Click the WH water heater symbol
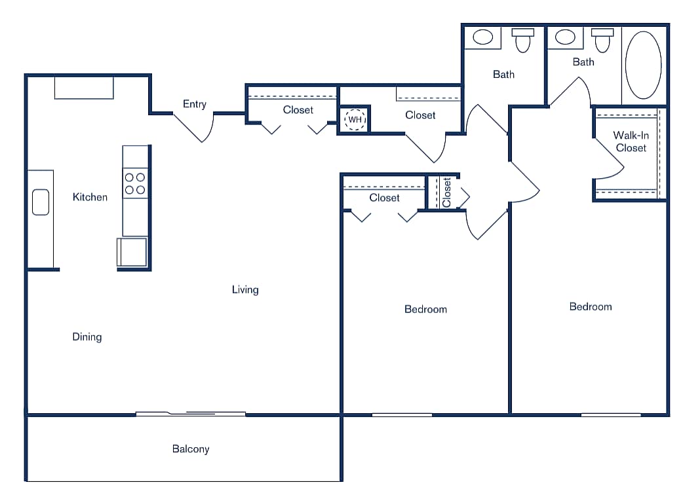point(355,120)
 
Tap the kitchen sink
point(41,202)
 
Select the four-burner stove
point(135,183)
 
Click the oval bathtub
point(643,65)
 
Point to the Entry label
point(194,104)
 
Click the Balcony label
point(191,449)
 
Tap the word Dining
point(87,337)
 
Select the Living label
point(245,289)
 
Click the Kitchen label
point(90,197)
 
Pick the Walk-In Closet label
point(631,142)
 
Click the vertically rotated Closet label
point(447,192)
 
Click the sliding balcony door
point(190,414)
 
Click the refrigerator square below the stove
point(132,253)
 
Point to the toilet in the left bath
point(522,40)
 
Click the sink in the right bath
point(565,37)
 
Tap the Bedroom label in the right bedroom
point(591,306)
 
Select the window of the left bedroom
point(402,414)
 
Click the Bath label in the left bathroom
point(503,75)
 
